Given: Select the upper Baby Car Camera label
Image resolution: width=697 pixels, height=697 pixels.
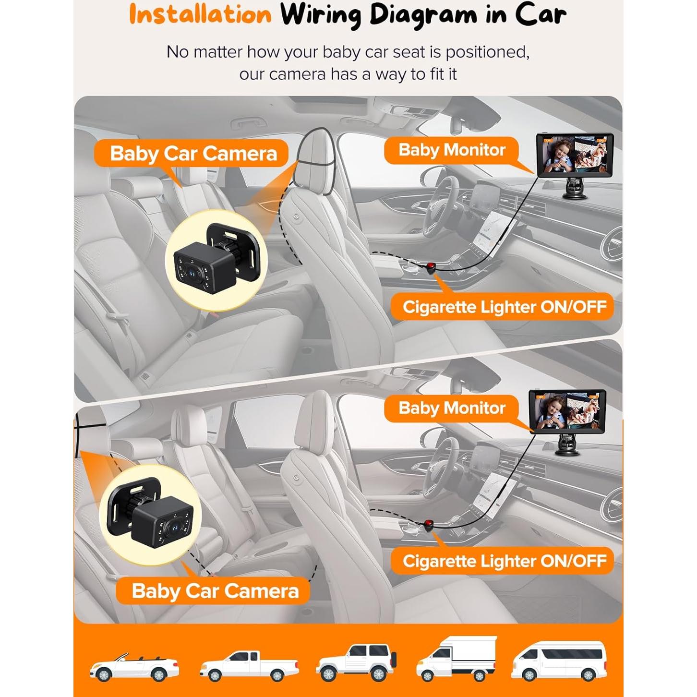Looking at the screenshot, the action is click(193, 153).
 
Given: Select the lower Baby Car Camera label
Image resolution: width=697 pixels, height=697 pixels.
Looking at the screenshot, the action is click(215, 591).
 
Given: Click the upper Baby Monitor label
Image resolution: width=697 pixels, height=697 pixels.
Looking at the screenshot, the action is click(452, 150).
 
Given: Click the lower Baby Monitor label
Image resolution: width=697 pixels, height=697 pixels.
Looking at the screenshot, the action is click(452, 408).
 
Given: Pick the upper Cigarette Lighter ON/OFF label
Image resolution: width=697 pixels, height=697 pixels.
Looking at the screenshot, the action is click(504, 307).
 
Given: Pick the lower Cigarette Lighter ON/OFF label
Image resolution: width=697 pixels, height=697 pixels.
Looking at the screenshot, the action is click(504, 561).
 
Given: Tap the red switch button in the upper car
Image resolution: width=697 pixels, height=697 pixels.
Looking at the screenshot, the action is click(431, 267).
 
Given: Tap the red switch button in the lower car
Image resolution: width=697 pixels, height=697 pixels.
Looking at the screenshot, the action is click(429, 523).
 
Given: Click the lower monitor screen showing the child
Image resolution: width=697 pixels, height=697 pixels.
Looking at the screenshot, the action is click(567, 411).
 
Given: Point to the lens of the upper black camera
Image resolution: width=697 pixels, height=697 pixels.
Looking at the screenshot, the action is click(191, 272).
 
